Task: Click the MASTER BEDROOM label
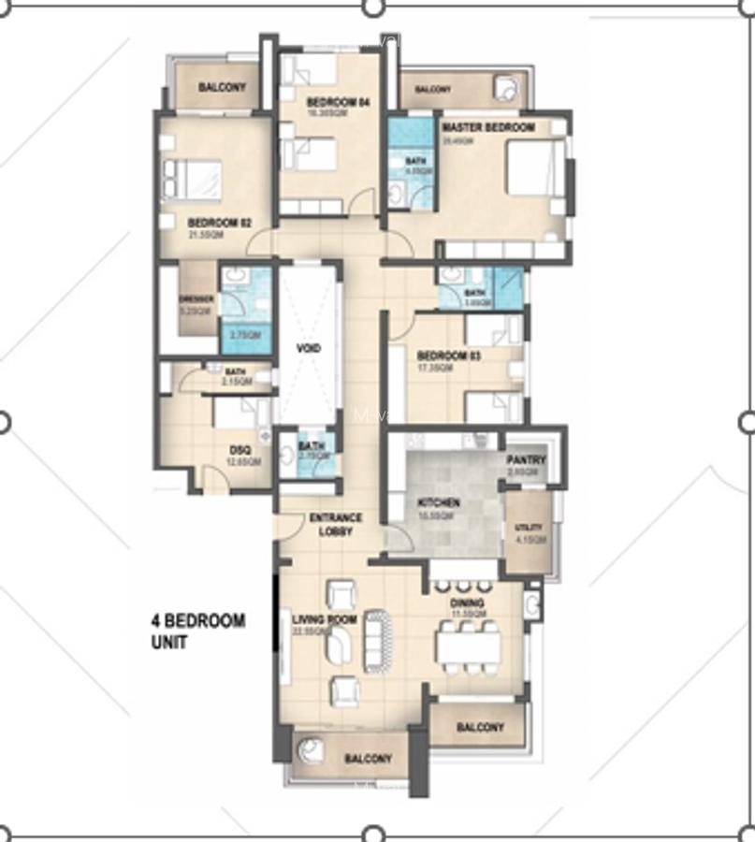[487, 127]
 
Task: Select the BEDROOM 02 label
[220, 223]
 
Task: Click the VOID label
[309, 348]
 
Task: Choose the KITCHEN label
[438, 503]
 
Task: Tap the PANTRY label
[526, 461]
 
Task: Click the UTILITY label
[528, 528]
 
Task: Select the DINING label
[467, 603]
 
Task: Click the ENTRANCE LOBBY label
[335, 525]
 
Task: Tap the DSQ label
[240, 449]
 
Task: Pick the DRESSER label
[196, 299]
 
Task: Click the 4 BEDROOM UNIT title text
[198, 631]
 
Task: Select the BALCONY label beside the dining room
[480, 727]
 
